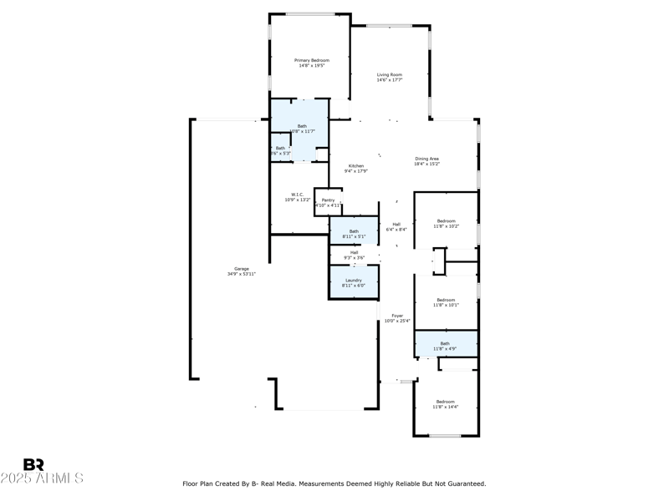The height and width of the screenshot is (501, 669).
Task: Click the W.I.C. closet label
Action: click(x=297, y=197)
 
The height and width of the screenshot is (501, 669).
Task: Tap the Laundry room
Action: click(x=353, y=282)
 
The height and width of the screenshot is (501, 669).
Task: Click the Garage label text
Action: click(x=241, y=271)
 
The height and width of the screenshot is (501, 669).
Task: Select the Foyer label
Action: click(x=397, y=317)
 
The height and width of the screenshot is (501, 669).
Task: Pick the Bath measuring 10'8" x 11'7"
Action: click(x=302, y=129)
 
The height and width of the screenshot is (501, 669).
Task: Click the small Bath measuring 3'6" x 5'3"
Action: click(x=280, y=150)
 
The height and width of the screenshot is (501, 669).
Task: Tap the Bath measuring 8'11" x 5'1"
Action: click(x=354, y=233)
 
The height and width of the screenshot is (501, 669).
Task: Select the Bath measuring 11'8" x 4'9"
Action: click(x=445, y=345)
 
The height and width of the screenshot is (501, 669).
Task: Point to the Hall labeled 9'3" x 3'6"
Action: click(x=354, y=255)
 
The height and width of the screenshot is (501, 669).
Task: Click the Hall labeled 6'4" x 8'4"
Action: click(x=396, y=226)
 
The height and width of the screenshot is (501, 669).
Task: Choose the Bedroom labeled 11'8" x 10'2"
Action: click(x=445, y=223)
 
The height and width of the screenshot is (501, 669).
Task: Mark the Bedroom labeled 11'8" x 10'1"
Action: click(x=445, y=302)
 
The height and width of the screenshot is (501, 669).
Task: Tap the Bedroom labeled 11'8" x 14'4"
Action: click(x=445, y=403)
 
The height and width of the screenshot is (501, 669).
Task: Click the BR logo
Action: click(x=33, y=464)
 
